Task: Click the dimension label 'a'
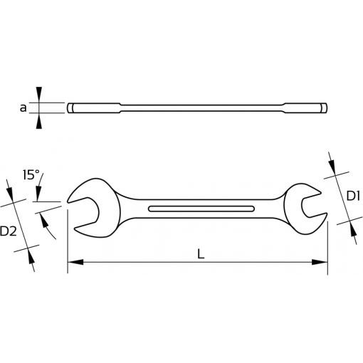[23, 108]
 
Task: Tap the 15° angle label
[31, 175]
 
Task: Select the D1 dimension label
[353, 196]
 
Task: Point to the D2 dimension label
[9, 231]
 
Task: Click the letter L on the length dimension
[201, 255]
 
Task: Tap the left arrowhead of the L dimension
[75, 262]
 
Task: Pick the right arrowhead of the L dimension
[320, 262]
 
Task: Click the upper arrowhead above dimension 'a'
[39, 95]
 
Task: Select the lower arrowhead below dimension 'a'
[39, 121]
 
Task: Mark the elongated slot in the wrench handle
[201, 209]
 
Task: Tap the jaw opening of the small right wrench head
[314, 204]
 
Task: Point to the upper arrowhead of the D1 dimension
[332, 167]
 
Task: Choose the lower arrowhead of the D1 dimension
[353, 229]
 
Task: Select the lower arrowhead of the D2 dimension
[31, 257]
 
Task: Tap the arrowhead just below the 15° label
[38, 194]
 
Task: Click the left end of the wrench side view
[70, 108]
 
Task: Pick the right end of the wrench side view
[324, 108]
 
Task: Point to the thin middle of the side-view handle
[201, 108]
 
